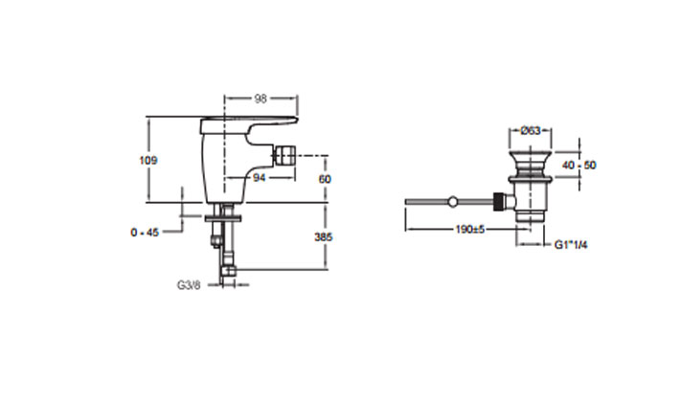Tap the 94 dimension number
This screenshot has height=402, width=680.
[259, 178]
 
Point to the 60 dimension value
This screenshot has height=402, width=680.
[325, 178]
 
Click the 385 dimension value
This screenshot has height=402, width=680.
[327, 236]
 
